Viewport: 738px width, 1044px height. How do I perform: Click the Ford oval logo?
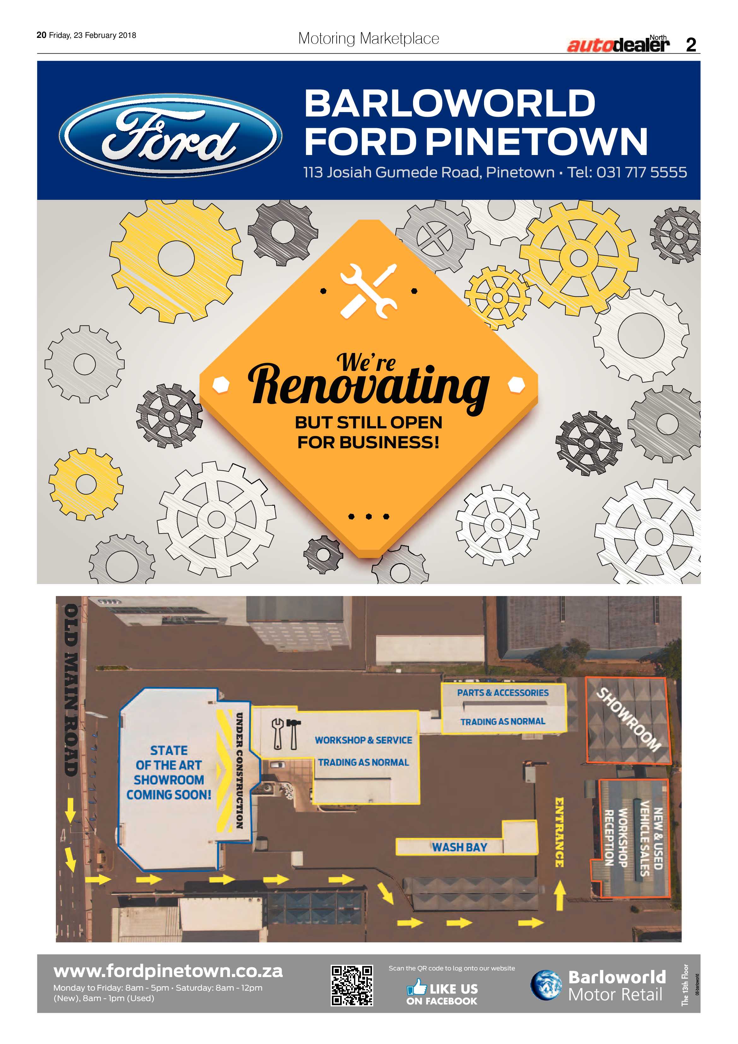[x=170, y=135]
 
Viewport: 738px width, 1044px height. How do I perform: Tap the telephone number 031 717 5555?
[x=642, y=172]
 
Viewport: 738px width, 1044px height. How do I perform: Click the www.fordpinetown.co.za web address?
[x=168, y=971]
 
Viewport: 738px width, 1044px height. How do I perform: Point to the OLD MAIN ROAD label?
[x=71, y=690]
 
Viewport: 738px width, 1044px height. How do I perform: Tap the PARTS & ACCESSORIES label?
[x=503, y=693]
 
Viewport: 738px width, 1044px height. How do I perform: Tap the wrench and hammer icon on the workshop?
[x=285, y=734]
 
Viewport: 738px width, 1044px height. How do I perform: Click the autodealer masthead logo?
[x=618, y=44]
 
